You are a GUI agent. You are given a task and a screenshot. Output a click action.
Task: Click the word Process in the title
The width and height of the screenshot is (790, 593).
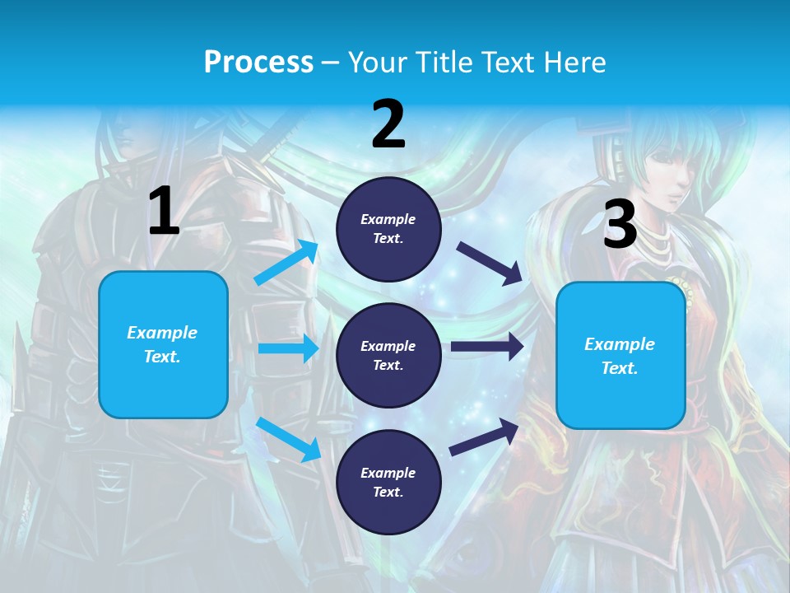pos(258,63)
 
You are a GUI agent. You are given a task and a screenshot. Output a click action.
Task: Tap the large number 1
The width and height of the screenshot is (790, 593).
pos(164,212)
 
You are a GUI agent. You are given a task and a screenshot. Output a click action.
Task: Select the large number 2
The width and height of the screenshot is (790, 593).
pos(388,124)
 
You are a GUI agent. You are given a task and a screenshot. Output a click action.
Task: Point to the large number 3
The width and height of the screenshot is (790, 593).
pos(620,224)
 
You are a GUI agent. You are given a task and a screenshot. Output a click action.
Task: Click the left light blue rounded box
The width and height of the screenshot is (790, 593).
pos(163,344)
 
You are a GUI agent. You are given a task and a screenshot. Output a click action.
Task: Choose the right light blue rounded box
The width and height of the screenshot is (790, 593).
pos(620,355)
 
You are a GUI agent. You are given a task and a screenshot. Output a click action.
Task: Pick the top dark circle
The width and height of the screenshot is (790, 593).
pos(388,229)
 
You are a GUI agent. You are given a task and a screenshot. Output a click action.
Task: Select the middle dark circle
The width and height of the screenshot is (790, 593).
pos(388,355)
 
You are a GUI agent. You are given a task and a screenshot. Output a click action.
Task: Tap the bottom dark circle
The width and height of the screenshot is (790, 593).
pos(388,482)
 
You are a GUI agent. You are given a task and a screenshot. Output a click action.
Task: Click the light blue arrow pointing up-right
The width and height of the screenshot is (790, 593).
pos(286,262)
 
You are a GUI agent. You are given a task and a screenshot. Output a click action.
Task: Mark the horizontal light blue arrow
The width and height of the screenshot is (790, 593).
pos(288,348)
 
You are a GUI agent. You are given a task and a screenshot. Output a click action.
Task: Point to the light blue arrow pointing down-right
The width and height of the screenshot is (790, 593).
pos(288,439)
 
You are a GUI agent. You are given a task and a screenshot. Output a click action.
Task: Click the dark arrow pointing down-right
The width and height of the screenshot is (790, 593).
pos(490,263)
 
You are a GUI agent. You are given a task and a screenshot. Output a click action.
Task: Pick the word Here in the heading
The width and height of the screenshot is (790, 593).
pos(576,63)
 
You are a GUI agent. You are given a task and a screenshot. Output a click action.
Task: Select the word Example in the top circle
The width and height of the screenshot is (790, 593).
pos(388,220)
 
